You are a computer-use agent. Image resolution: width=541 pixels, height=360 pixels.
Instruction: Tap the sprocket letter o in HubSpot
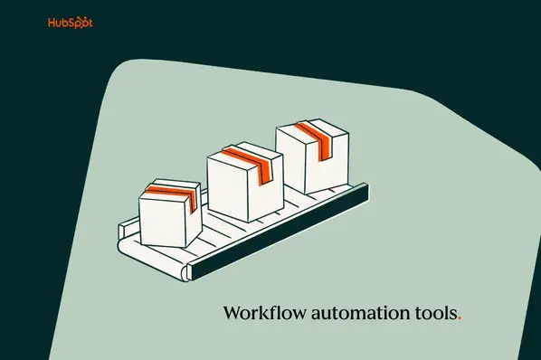click(80, 22)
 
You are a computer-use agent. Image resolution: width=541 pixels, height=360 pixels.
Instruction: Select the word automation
click(362, 314)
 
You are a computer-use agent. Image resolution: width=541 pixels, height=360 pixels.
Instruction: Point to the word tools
click(437, 314)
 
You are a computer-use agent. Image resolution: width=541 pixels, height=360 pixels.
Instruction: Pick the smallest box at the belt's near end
click(168, 213)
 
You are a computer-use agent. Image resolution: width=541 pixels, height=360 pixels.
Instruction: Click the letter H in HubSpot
click(52, 22)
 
